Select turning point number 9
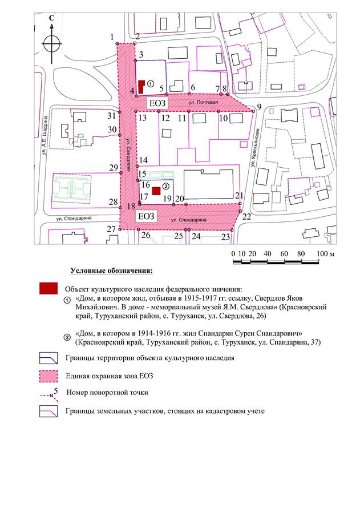click(x=253, y=112)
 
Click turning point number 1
click(x=116, y=44)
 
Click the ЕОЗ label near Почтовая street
click(x=156, y=103)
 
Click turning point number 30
click(x=120, y=135)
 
